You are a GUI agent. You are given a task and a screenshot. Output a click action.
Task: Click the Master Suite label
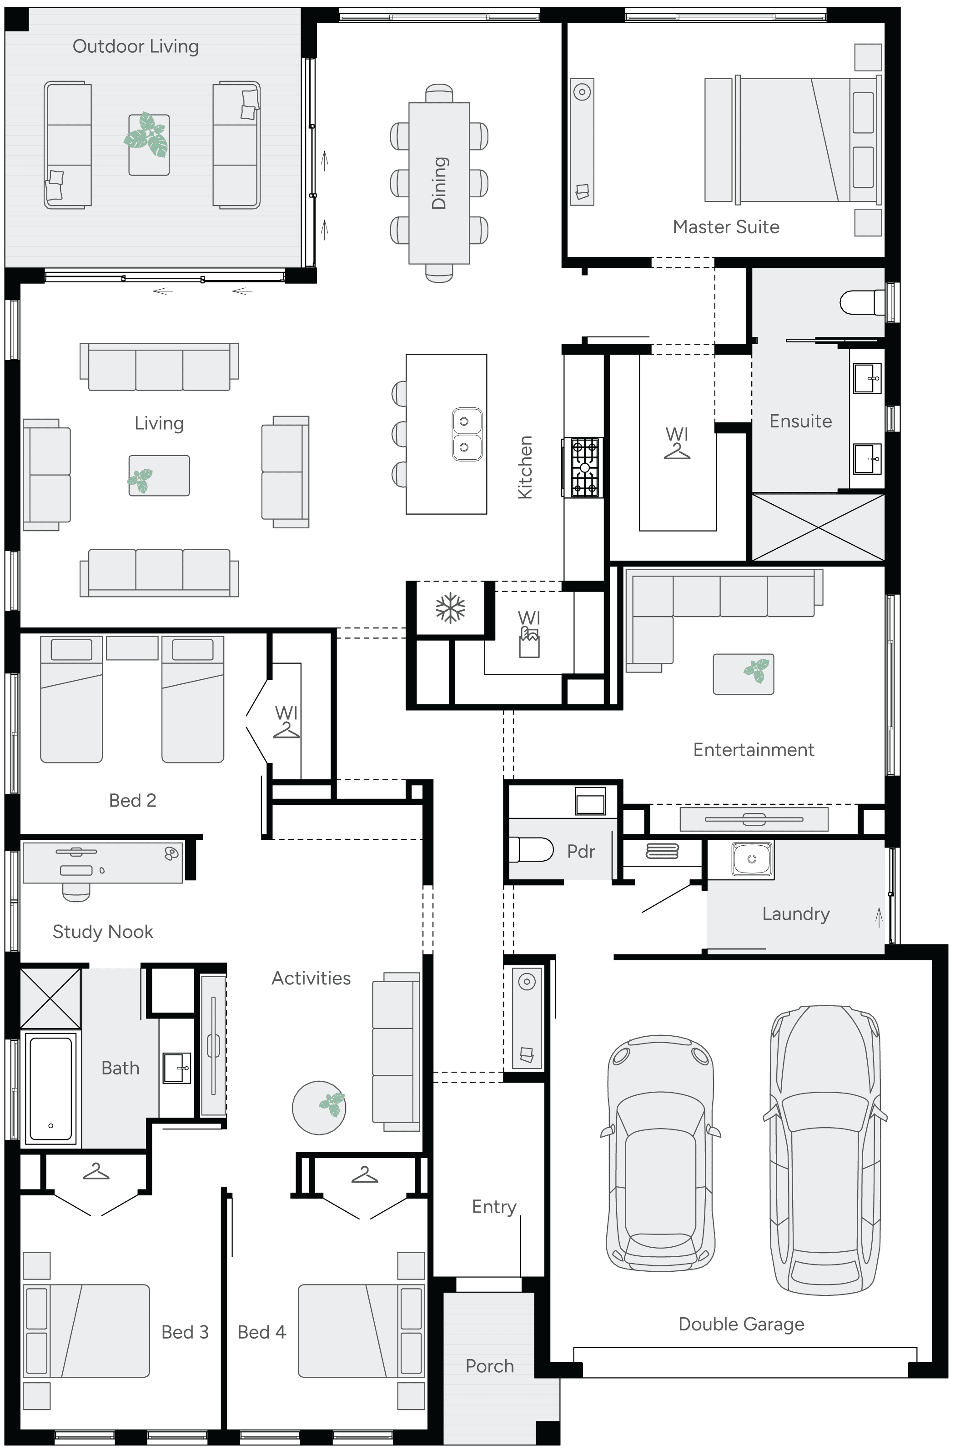[726, 226]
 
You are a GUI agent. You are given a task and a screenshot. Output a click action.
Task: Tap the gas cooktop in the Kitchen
[584, 467]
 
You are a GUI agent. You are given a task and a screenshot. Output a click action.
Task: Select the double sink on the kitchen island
[467, 434]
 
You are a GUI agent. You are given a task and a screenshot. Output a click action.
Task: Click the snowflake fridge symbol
[450, 608]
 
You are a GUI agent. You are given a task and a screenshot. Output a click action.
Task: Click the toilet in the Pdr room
[531, 849]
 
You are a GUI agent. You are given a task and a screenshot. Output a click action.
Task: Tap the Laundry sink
[751, 859]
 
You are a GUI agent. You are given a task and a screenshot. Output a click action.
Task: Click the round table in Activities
[319, 1107]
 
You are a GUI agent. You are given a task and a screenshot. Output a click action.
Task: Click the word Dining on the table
[439, 183]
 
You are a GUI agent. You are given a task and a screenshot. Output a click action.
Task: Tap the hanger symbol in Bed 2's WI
[286, 730]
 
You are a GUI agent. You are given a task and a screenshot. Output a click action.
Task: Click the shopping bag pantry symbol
[529, 644]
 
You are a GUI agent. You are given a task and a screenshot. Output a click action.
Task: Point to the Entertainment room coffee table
[744, 674]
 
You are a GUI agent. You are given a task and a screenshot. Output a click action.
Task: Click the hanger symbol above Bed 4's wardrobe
[364, 1174]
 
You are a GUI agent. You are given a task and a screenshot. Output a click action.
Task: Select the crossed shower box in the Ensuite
[818, 527]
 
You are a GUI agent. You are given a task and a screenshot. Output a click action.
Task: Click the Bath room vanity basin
[177, 1068]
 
